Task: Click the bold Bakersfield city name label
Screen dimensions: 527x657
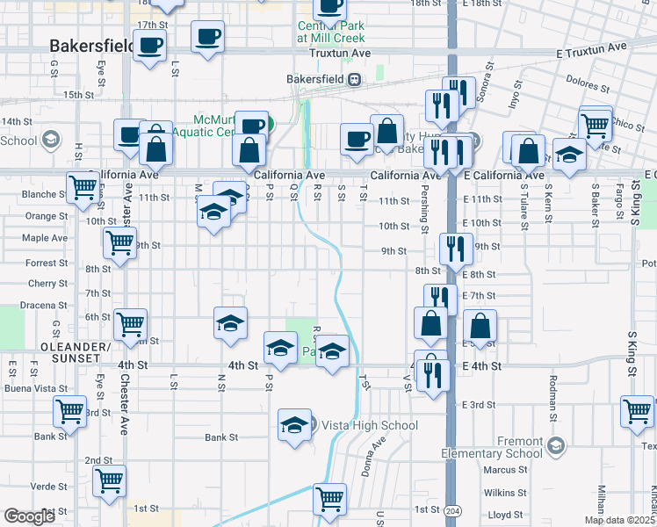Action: (x=91, y=45)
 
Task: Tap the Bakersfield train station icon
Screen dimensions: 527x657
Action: (x=354, y=79)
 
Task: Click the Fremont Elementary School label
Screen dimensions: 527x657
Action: (x=505, y=447)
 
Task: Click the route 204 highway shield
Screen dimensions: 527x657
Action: (x=451, y=509)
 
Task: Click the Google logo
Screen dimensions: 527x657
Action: (x=30, y=516)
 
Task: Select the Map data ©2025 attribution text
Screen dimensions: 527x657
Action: (x=619, y=520)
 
